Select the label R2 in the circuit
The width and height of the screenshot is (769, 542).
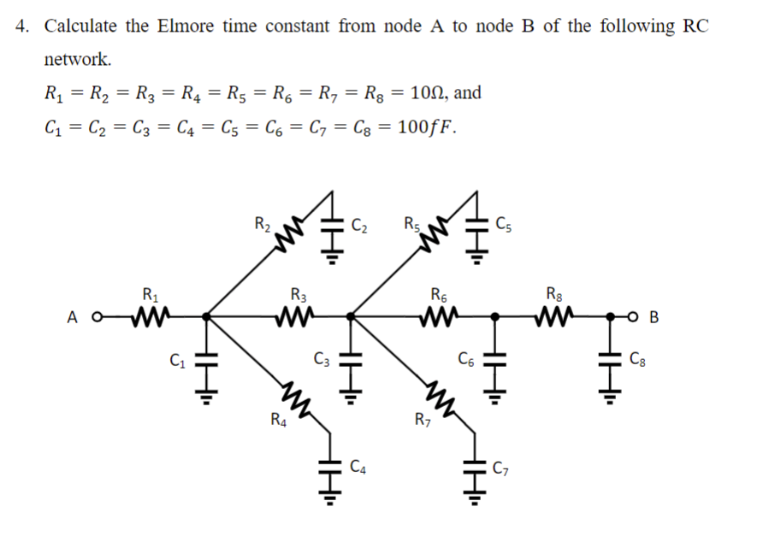(x=263, y=226)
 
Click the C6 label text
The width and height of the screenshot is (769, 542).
(x=465, y=358)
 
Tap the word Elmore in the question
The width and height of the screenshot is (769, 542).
(x=186, y=26)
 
